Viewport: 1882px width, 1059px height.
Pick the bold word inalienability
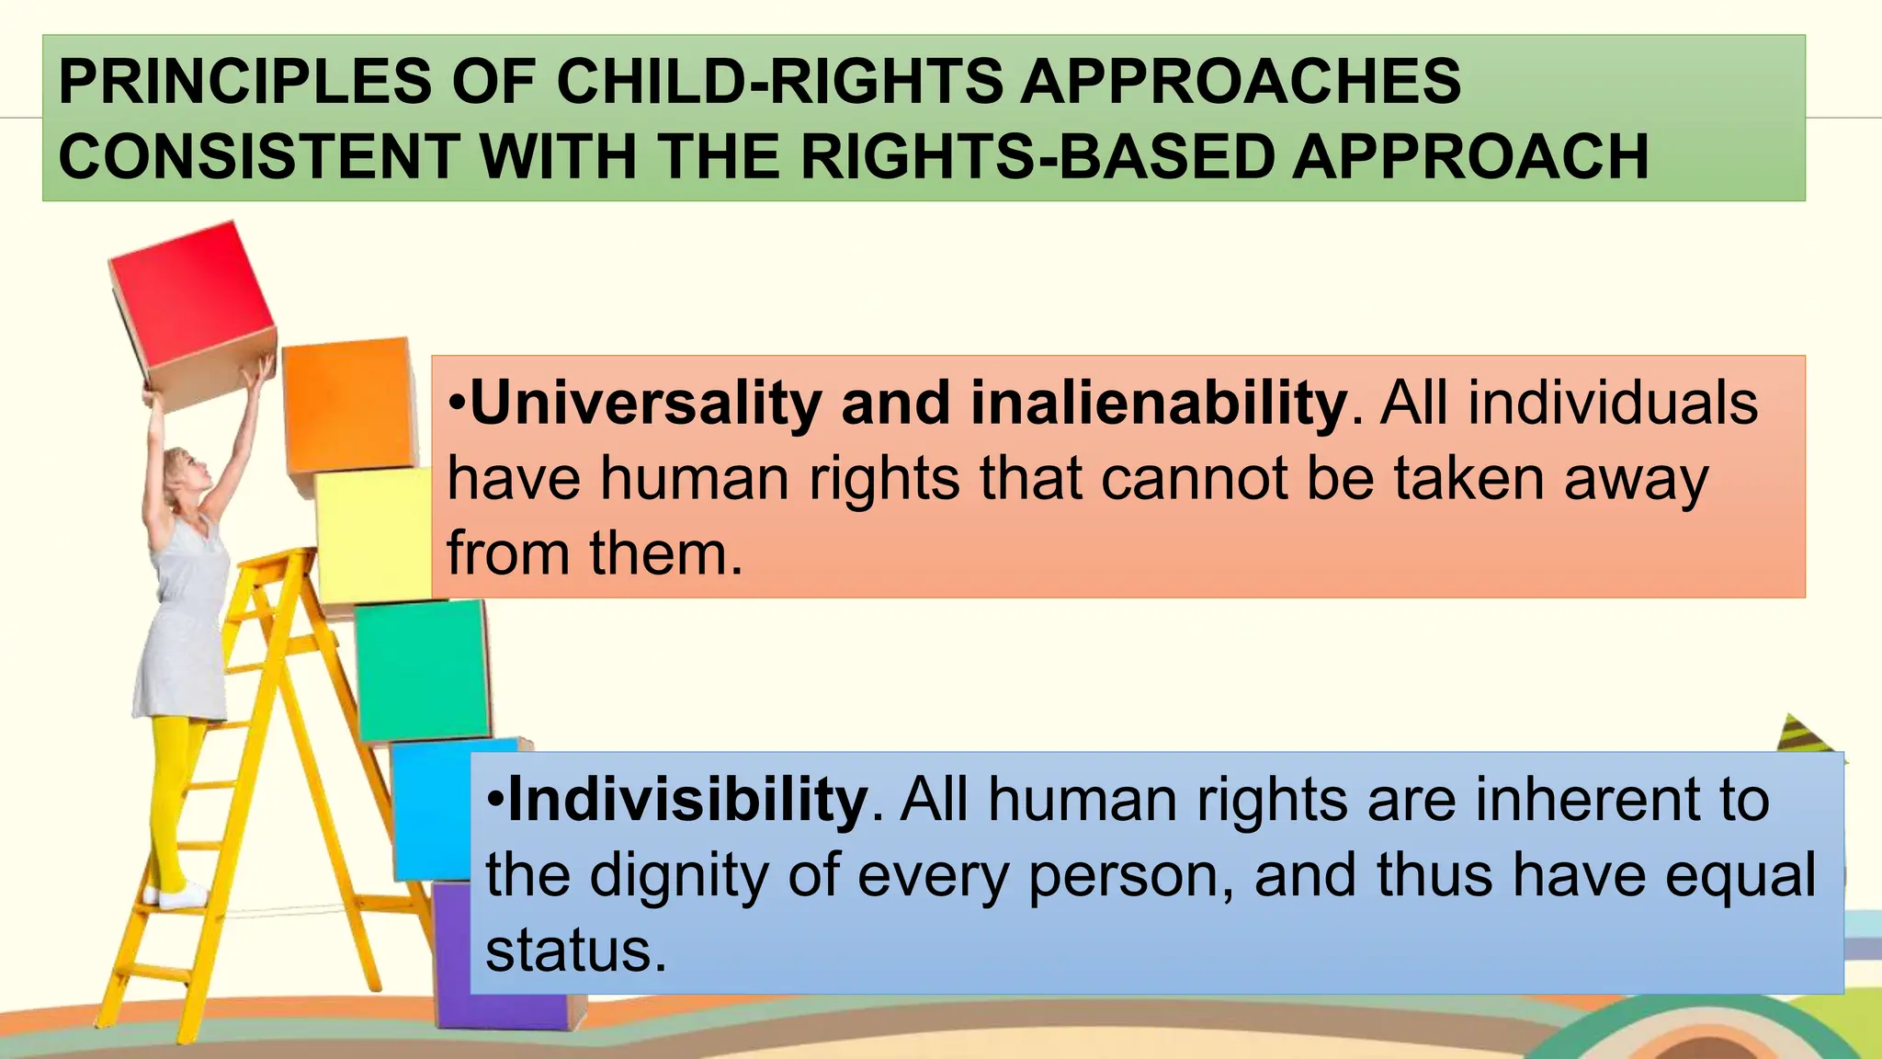tap(1158, 404)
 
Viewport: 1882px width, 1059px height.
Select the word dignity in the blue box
tap(677, 875)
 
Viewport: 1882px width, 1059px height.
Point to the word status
tap(574, 951)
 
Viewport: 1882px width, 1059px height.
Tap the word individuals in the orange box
tap(1613, 404)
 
